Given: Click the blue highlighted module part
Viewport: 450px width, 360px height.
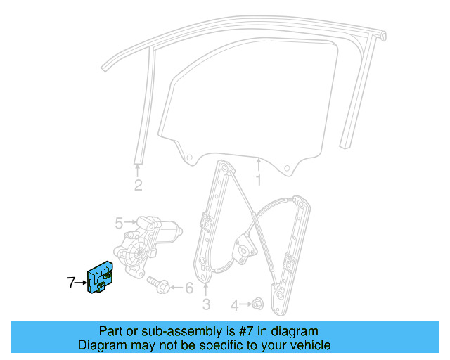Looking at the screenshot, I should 100,279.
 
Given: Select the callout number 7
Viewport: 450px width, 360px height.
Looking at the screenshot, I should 71,283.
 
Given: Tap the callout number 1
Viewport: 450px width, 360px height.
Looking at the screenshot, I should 258,181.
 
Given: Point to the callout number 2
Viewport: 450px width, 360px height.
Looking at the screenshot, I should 138,186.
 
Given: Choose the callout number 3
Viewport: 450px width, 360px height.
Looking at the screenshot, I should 206,304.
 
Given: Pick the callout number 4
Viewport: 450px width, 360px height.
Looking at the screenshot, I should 235,305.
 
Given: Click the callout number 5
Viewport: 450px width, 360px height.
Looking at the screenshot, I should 119,224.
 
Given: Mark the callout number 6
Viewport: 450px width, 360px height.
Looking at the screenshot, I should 188,288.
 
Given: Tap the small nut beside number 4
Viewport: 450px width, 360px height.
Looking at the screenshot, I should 258,304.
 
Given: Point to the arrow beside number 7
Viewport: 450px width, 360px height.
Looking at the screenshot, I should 81,283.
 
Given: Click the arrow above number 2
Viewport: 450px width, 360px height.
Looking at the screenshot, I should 138,169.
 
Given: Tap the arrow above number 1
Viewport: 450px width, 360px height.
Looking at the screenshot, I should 258,165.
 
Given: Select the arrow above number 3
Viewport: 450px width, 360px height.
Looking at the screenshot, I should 206,288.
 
